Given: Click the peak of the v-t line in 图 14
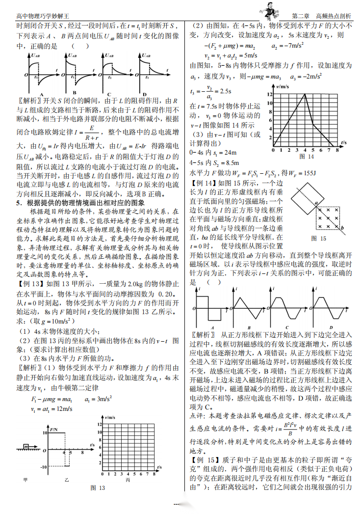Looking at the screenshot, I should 305,94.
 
